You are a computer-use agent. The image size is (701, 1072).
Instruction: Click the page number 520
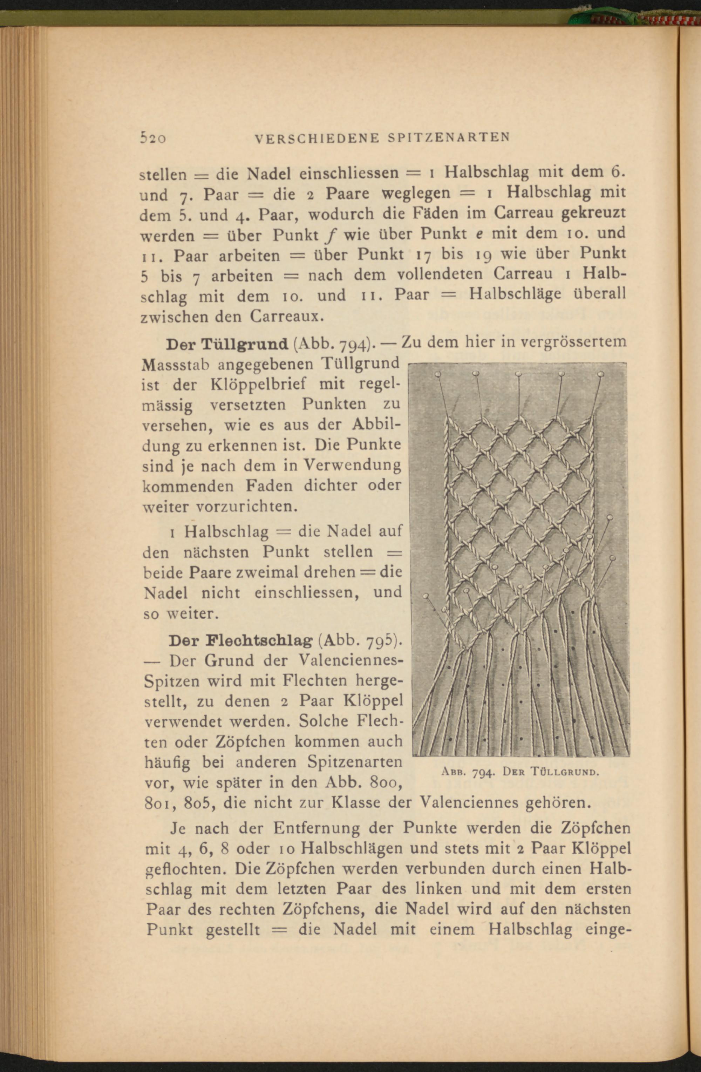click(x=153, y=137)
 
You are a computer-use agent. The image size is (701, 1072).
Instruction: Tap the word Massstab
click(x=176, y=364)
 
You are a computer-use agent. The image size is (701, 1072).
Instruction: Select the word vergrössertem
click(x=573, y=342)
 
